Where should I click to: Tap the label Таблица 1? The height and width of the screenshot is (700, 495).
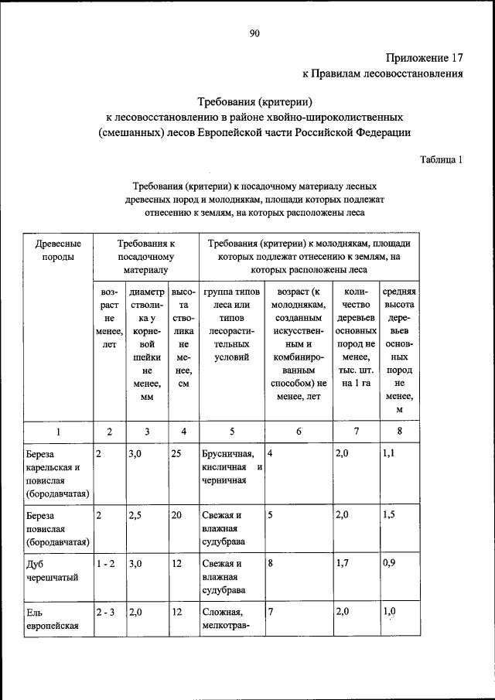click(441, 160)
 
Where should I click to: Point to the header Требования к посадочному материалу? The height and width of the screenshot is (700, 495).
click(146, 257)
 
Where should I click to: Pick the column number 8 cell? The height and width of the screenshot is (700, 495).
click(399, 432)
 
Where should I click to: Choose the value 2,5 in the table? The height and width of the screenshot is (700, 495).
click(136, 514)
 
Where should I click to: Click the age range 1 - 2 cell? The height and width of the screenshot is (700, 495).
click(106, 564)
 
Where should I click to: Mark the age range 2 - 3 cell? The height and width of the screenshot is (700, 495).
click(106, 612)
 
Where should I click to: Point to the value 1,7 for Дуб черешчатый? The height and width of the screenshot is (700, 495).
click(343, 564)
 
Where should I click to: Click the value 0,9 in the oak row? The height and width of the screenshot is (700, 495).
click(389, 564)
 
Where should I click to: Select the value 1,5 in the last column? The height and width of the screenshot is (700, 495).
click(389, 514)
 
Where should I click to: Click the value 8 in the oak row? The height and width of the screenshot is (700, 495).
click(271, 564)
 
